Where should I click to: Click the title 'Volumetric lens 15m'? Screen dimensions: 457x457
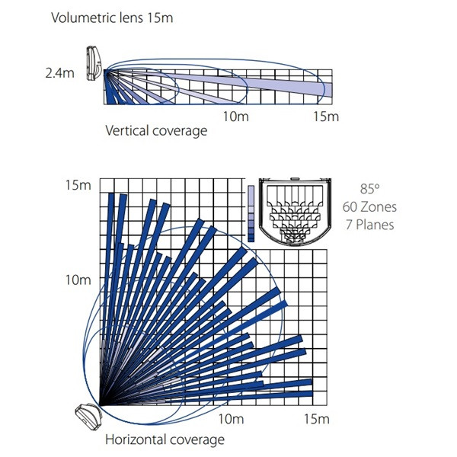[x=112, y=18]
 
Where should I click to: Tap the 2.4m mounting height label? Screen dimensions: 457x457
[x=59, y=73]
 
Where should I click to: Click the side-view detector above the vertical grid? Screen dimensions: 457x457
[x=94, y=63]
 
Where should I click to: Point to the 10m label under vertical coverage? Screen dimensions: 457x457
[x=236, y=117]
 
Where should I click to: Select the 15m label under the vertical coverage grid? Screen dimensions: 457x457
[x=326, y=117]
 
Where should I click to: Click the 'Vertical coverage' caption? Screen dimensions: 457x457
[x=156, y=130]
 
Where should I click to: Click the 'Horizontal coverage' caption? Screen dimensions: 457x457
[x=165, y=439]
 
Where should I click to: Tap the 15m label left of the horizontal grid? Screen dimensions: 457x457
[x=78, y=185]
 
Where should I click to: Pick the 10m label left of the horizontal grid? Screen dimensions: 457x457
[x=78, y=280]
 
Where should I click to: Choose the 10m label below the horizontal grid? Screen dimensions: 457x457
[x=231, y=419]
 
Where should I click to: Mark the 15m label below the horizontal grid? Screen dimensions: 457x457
[x=317, y=419]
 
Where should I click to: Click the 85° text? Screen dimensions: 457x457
[x=369, y=189]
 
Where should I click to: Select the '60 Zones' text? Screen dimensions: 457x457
[x=369, y=207]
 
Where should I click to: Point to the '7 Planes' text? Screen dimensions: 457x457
[x=370, y=225]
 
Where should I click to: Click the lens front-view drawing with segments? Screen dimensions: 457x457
[x=295, y=212]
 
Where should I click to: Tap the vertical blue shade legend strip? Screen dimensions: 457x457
[x=251, y=213]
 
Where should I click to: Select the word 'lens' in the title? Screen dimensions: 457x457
[x=132, y=18]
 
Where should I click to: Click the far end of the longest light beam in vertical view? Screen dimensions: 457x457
[x=332, y=90]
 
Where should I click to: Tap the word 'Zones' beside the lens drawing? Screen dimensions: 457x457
[x=379, y=207]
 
